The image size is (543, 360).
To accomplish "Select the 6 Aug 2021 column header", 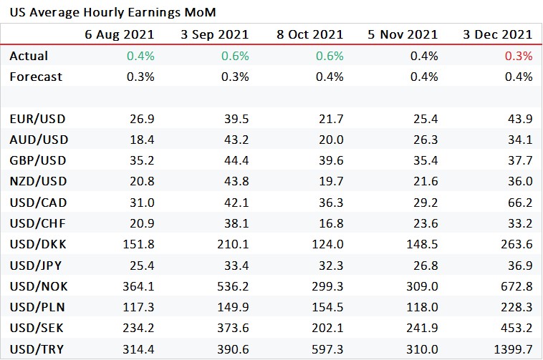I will click(x=120, y=34).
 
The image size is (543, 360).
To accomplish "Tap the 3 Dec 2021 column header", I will click(x=497, y=34).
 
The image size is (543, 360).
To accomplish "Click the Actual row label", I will click(x=29, y=56).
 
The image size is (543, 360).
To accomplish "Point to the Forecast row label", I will click(x=36, y=77).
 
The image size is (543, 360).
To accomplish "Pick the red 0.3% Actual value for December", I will click(x=519, y=56).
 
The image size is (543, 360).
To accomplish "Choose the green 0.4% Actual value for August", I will click(x=140, y=56).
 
